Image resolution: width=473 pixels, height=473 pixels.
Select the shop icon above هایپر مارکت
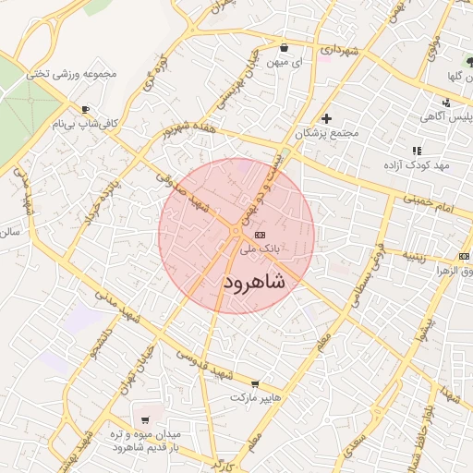(x=256, y=384)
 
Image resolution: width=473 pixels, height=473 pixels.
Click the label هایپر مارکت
(x=255, y=397)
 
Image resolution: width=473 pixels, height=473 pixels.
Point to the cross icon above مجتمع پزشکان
(x=326, y=118)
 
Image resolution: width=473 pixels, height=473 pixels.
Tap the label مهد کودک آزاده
(x=417, y=164)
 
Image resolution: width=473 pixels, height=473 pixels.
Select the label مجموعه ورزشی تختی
(x=90, y=73)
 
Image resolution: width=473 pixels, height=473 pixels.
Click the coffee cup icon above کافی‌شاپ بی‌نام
(x=86, y=109)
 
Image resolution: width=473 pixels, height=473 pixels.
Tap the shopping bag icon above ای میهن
(x=283, y=47)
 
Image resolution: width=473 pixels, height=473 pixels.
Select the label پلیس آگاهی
(x=421, y=116)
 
